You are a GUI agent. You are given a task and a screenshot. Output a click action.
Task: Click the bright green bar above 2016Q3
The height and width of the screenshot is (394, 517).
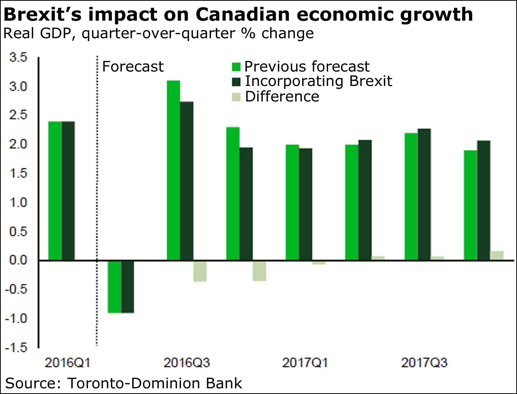point(173,170)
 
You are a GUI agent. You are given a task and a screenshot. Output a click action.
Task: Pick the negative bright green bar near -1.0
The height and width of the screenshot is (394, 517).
point(115,287)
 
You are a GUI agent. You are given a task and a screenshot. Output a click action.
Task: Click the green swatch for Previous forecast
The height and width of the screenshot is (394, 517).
point(236,67)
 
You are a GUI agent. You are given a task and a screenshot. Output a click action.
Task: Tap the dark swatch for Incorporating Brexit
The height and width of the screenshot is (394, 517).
point(236,82)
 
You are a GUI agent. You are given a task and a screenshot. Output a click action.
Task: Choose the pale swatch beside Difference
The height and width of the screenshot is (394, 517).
point(236,97)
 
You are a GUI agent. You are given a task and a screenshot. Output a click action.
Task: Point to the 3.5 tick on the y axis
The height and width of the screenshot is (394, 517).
point(18,57)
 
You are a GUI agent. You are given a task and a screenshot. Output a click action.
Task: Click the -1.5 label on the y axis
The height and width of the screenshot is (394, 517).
point(16,348)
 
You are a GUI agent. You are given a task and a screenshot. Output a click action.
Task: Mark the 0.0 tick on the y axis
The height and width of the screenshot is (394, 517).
point(18,260)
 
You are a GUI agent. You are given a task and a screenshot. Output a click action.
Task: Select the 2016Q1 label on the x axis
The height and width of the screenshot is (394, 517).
point(67,363)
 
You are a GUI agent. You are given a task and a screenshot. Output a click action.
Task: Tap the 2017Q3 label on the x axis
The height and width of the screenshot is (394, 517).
point(424,363)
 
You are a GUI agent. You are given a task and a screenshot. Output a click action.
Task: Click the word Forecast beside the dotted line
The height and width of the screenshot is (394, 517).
point(133,67)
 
